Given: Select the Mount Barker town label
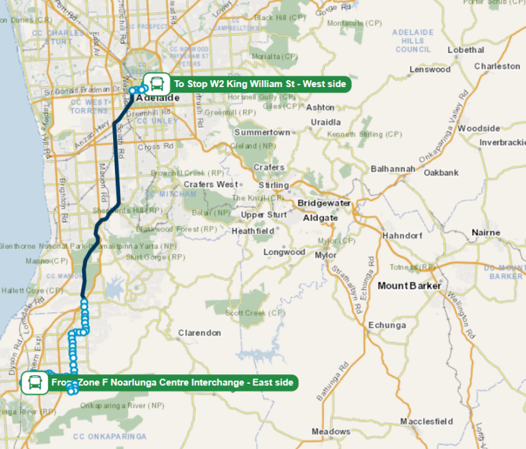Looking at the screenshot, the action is point(409,285).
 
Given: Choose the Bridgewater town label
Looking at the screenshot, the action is point(324,204).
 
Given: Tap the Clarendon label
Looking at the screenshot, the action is point(199,332).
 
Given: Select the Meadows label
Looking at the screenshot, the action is point(331,431).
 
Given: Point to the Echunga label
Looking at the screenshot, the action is point(387,325).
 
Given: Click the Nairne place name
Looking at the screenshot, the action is point(486,233).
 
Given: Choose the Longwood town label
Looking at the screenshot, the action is point(284,252).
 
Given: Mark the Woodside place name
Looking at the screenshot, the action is point(479,128).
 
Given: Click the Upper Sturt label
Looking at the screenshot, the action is point(263,215).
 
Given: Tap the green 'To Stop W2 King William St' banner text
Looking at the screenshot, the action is point(260,84).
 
